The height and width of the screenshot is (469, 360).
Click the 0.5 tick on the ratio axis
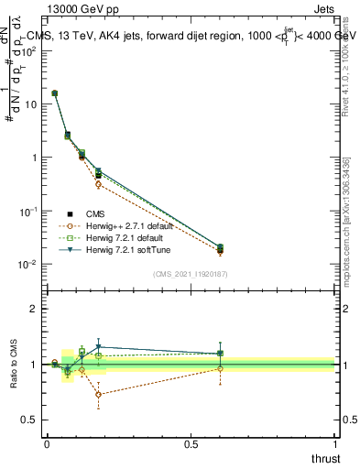[32, 420]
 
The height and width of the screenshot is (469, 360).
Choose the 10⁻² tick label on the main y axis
[29, 264]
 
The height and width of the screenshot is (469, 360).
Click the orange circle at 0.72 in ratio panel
[98, 395]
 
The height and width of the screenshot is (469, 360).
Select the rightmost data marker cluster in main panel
[219, 248]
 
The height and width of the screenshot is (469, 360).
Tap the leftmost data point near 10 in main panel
[55, 93]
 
